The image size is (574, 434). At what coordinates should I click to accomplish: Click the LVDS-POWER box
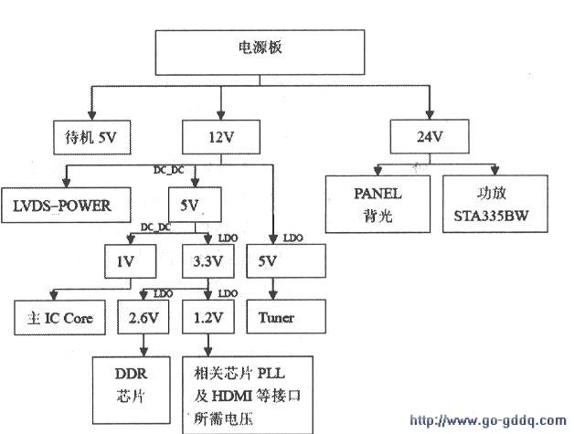62,206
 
